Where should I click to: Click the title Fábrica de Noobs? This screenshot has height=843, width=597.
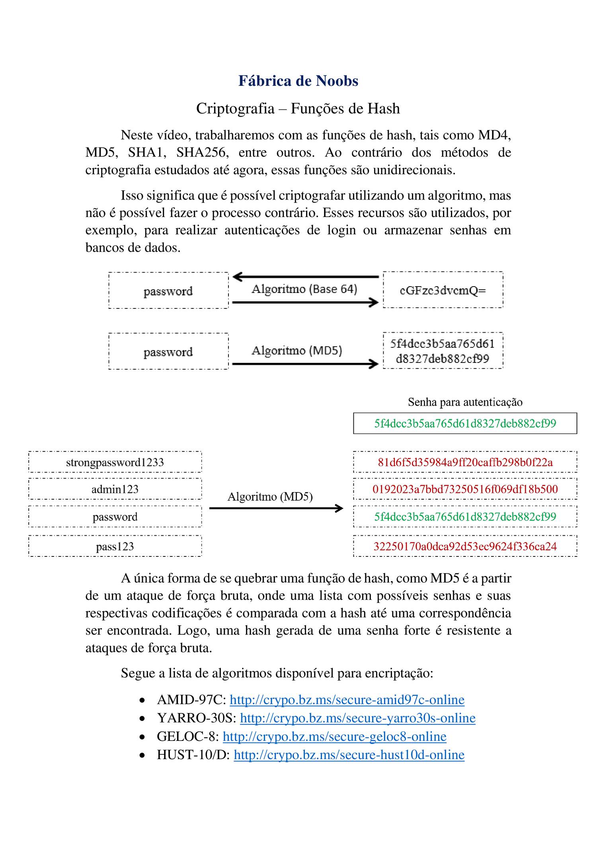298,81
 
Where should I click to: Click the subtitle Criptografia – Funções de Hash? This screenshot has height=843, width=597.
298,109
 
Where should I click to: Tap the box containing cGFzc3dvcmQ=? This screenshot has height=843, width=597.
443,290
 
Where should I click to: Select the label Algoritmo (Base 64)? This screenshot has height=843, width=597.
304,289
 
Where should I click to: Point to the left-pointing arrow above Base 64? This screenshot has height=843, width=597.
305,277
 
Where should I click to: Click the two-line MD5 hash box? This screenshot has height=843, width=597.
443,351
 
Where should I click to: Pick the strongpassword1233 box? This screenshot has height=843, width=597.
115,462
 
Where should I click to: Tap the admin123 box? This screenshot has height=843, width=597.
115,489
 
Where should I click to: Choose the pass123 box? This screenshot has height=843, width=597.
115,546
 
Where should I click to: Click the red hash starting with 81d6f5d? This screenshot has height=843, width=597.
465,462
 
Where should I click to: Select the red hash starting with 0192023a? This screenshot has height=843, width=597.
465,489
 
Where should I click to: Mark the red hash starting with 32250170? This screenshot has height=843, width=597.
465,546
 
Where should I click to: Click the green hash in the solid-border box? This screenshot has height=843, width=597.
465,423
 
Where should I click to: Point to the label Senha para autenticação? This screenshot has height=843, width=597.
465,402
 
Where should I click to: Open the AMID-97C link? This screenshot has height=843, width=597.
347,700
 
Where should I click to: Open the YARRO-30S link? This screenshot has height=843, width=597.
357,718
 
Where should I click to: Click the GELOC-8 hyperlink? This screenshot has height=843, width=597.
334,736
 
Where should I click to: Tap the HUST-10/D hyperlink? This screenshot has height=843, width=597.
349,755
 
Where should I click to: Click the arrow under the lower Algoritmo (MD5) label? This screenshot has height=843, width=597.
276,508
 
